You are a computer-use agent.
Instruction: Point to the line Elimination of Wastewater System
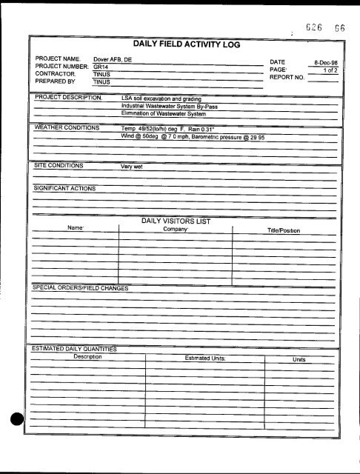[164, 113]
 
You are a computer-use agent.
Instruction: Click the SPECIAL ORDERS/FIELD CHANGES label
[81, 287]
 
